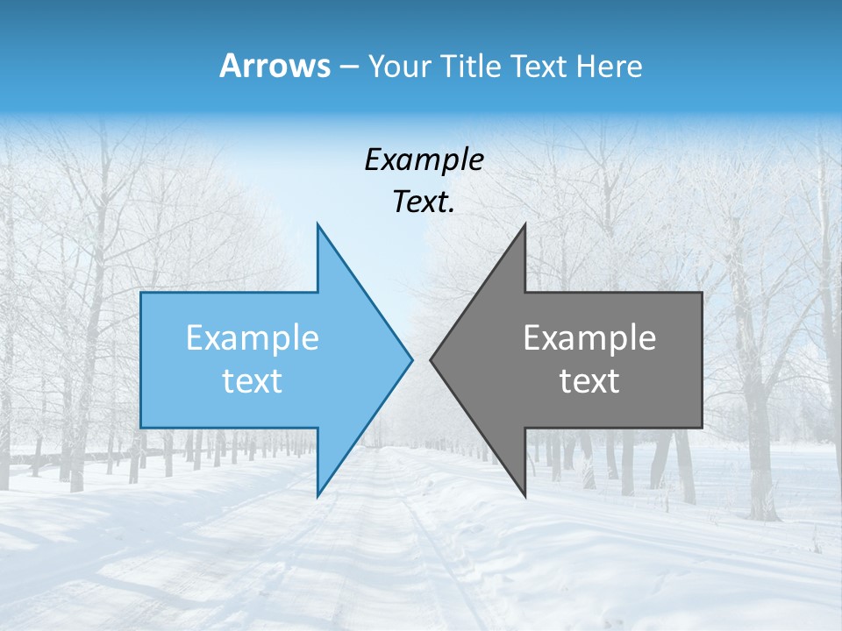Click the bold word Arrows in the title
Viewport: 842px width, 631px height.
(275, 66)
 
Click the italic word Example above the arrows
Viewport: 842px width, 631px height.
(424, 160)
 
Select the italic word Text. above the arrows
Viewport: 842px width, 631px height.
(424, 202)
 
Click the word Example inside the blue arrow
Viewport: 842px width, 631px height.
(253, 337)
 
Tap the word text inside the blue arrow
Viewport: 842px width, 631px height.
(253, 381)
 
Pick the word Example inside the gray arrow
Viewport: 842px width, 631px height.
(589, 337)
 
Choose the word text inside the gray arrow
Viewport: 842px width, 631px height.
(589, 381)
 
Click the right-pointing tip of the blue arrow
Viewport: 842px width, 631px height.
(411, 359)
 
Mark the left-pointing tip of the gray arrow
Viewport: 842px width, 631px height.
(431, 359)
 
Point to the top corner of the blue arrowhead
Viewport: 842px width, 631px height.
(318, 224)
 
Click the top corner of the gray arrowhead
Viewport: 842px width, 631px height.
(524, 224)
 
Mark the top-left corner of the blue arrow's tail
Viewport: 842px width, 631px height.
(141, 293)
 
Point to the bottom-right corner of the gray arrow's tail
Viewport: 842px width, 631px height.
(702, 427)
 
